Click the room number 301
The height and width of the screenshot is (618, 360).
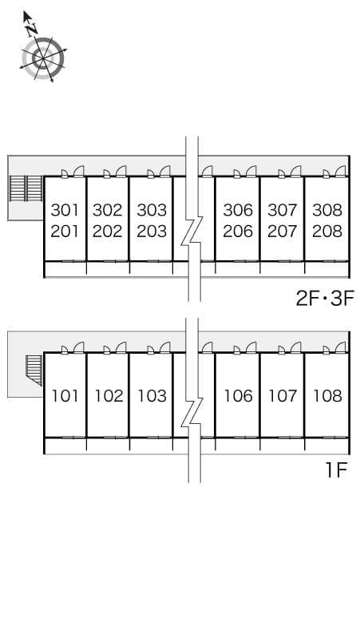pos(65,210)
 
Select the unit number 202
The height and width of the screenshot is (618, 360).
pos(108,232)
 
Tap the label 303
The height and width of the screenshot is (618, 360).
pos(152,210)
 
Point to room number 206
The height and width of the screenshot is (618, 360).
pos(238,232)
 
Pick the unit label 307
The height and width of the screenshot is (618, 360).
pos(283,210)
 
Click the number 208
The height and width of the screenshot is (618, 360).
pos(327,232)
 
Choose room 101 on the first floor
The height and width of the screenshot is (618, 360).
pos(65,396)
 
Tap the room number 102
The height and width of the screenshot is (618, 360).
pos(109,396)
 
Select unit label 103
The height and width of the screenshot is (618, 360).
pos(152,396)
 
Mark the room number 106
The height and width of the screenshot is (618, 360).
pos(239,396)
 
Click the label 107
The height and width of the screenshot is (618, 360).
pos(283,396)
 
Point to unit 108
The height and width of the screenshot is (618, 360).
pos(328,396)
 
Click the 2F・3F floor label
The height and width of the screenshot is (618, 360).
pos(325,299)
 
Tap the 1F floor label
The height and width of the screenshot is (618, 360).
pos(336,470)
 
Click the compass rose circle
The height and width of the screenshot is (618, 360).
pos(43,59)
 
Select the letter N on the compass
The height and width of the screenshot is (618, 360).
pos(32,29)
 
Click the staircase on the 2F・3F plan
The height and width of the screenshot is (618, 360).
pos(26,188)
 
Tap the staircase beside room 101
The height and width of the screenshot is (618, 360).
pos(34,370)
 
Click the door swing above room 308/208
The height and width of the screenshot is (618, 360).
pos(341,171)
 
